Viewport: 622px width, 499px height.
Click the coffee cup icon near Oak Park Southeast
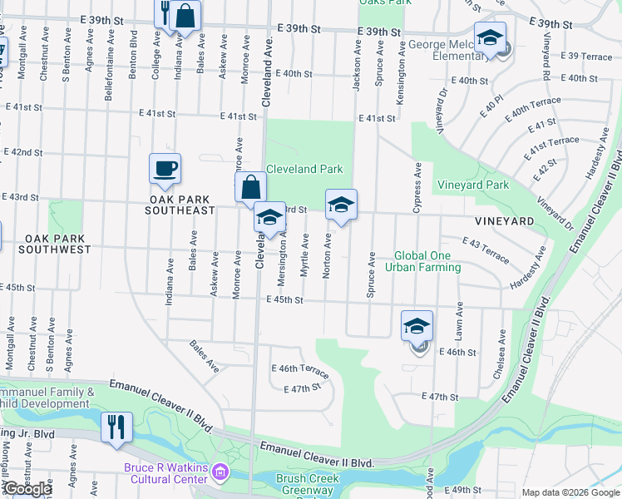[164, 168]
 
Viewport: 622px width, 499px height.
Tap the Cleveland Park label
[304, 169]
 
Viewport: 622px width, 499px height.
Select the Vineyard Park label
[473, 185]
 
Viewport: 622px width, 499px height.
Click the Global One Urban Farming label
[427, 261]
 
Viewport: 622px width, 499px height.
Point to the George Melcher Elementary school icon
[490, 37]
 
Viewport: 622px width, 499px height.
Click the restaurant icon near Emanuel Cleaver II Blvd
[116, 427]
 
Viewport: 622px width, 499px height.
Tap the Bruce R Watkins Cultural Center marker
[220, 473]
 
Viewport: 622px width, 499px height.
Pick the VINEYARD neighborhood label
[504, 221]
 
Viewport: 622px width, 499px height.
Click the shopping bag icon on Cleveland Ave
[250, 187]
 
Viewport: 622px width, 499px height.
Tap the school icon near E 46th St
[417, 326]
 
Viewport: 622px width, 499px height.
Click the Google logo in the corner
[27, 489]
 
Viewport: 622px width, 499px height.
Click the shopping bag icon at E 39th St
[186, 15]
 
